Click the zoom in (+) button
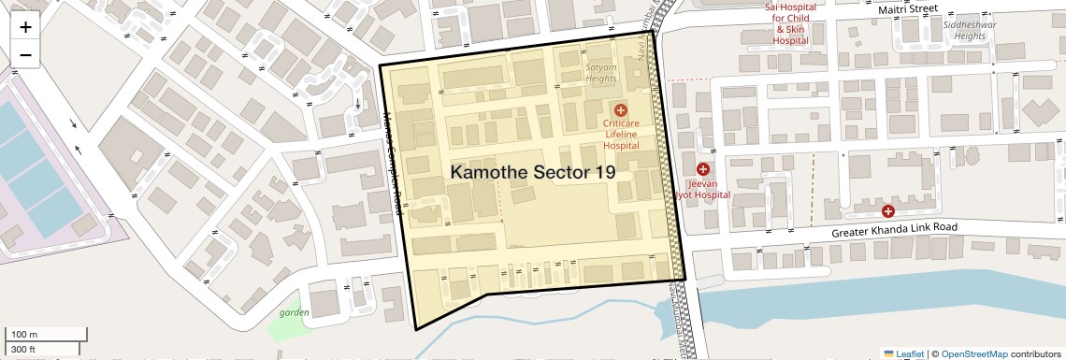(25, 27)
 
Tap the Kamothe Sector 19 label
(533, 173)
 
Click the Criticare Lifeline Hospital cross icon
(620, 110)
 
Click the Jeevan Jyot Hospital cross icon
(703, 169)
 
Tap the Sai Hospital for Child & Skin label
(790, 23)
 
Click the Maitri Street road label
(907, 8)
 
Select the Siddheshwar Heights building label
(964, 30)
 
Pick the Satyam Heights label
(601, 73)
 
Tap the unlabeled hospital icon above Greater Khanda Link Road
(888, 211)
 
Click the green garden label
(293, 312)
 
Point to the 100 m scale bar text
(24, 335)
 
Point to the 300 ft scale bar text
(24, 349)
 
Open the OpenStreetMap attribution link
(973, 353)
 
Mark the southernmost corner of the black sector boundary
(416, 329)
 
